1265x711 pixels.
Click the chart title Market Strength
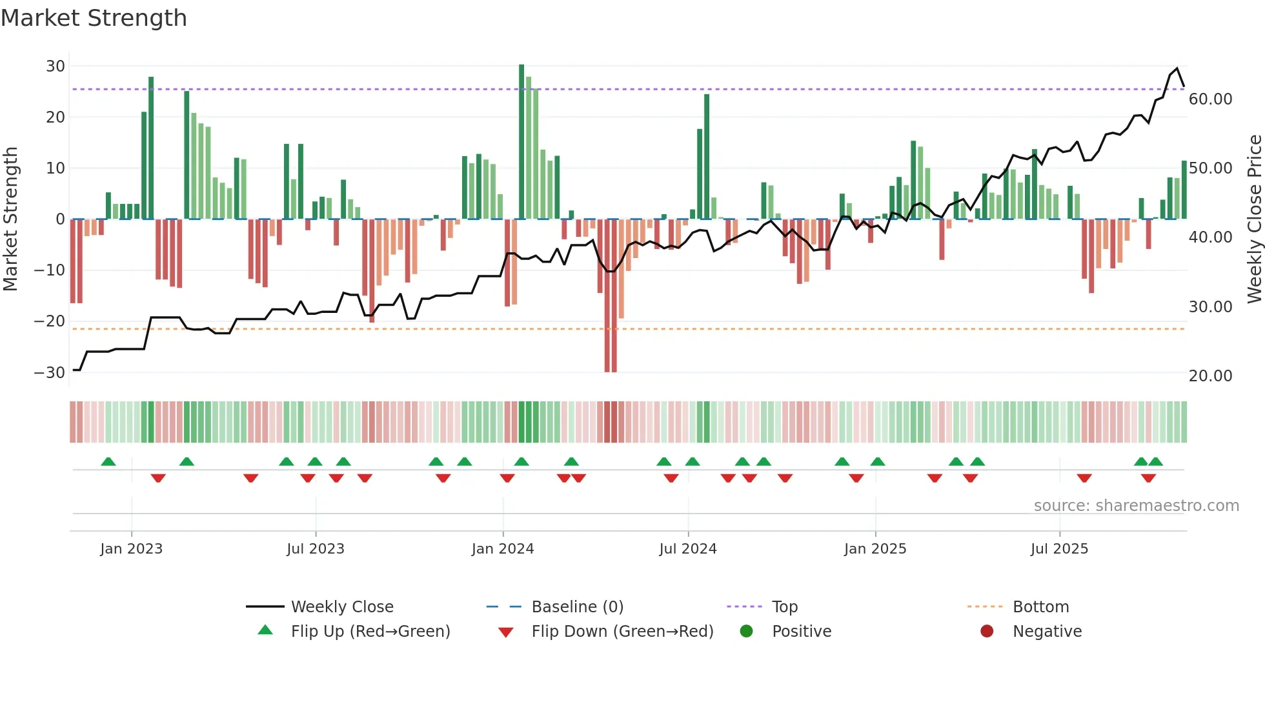pyautogui.click(x=94, y=18)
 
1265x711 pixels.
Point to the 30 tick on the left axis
pyautogui.click(x=56, y=66)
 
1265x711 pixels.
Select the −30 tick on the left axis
pyautogui.click(x=50, y=373)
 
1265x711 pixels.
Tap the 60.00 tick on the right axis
pyautogui.click(x=1210, y=99)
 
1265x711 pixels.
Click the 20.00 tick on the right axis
pyautogui.click(x=1210, y=376)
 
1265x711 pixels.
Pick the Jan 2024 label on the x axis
pyautogui.click(x=503, y=549)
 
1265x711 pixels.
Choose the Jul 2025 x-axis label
pyautogui.click(x=1059, y=549)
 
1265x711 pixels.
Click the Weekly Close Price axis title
pyautogui.click(x=1254, y=219)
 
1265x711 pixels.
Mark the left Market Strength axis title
pyautogui.click(x=10, y=219)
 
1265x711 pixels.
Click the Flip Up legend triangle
pyautogui.click(x=265, y=630)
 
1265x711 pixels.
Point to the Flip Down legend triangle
pyautogui.click(x=506, y=632)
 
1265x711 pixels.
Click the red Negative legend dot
pyautogui.click(x=987, y=631)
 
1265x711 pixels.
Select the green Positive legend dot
pyautogui.click(x=746, y=631)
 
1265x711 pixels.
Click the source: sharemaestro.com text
pyautogui.click(x=1136, y=506)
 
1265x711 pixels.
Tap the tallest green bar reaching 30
pyautogui.click(x=521, y=142)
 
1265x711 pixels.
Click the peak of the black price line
pyautogui.click(x=1177, y=68)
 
